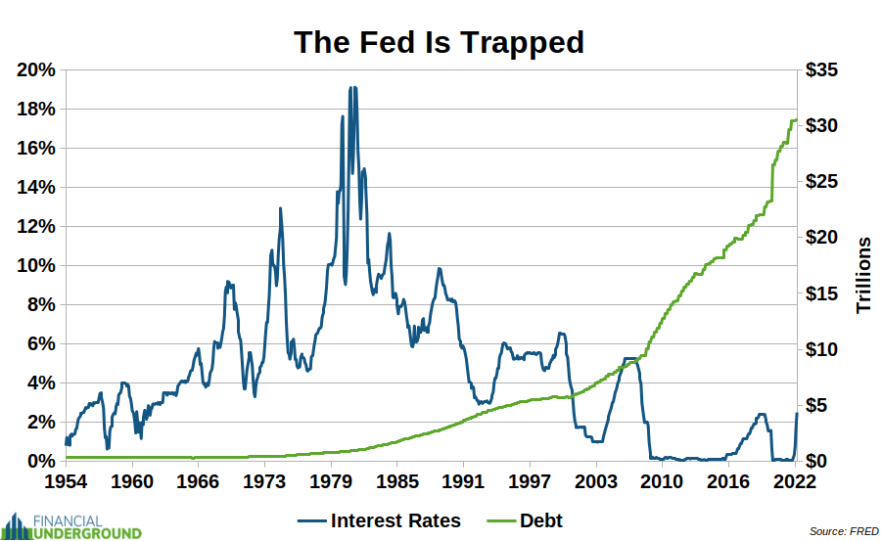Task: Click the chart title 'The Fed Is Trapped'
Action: coord(440,42)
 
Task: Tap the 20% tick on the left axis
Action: coord(35,70)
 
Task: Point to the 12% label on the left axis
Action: coord(35,227)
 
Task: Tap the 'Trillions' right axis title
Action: coord(863,275)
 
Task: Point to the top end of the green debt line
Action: coord(796,120)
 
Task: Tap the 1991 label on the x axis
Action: coord(462,481)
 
